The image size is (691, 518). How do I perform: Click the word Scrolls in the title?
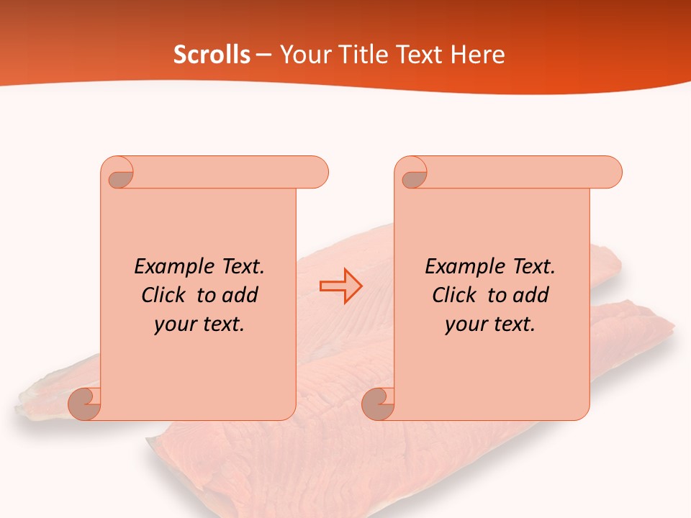(x=212, y=55)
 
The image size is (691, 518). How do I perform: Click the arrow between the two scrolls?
(x=340, y=286)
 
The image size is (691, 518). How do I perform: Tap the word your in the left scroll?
(x=174, y=324)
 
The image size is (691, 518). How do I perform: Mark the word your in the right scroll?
(x=465, y=324)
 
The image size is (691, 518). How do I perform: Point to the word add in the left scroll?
(x=240, y=295)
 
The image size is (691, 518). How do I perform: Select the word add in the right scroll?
(x=530, y=295)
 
